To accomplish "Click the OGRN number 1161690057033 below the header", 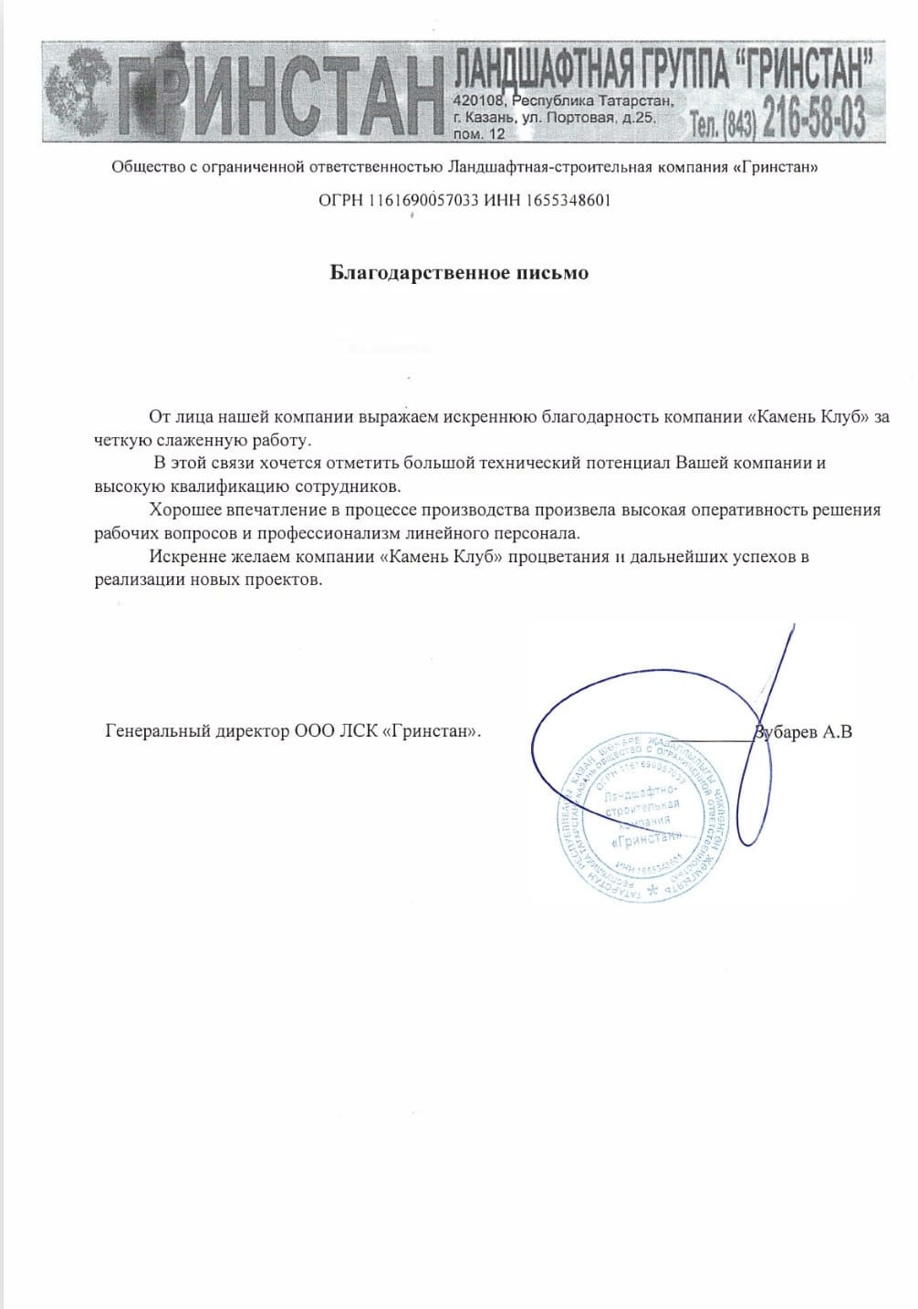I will pos(423,200).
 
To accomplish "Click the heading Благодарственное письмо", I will pos(459,273).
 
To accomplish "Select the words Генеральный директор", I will pos(198,731).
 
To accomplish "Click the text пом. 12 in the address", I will pos(479,133).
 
